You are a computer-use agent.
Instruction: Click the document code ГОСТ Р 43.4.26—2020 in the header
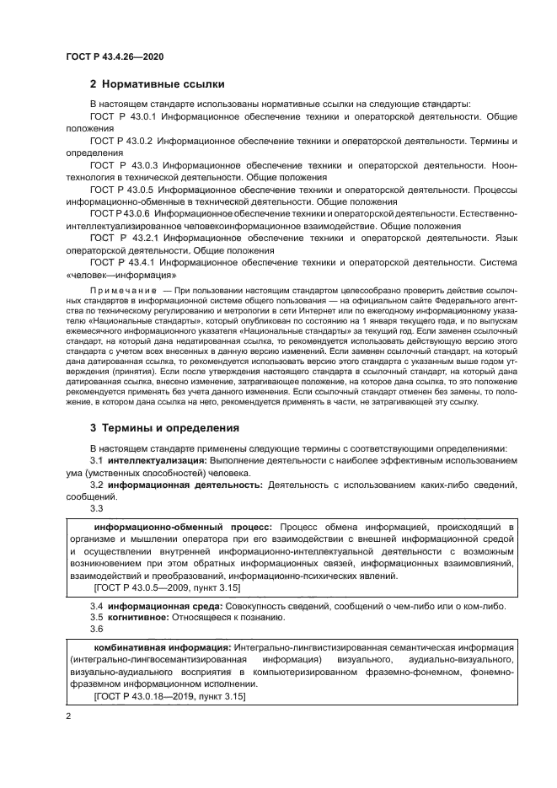click(x=115, y=56)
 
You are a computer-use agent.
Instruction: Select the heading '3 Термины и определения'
click(x=164, y=427)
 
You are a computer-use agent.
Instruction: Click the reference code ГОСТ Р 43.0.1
click(x=122, y=116)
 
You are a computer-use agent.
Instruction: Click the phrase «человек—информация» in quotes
click(x=121, y=275)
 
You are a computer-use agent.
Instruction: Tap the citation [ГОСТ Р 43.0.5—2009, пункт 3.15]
click(x=168, y=587)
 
